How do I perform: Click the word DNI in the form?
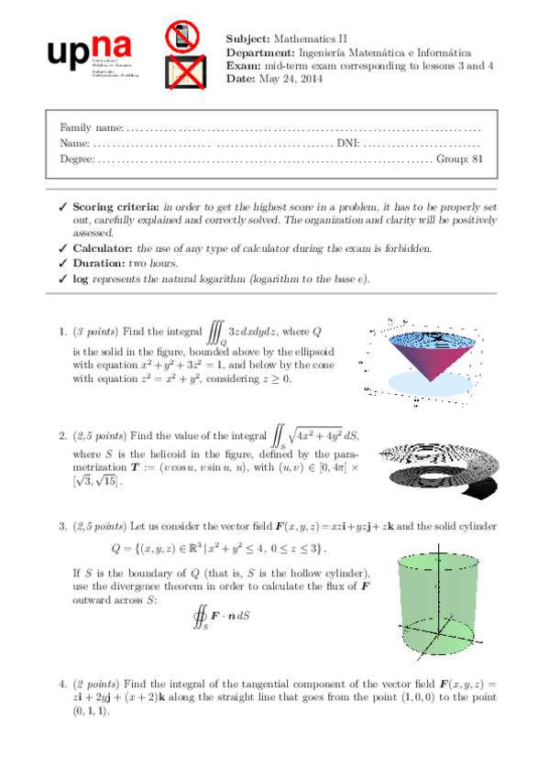[347, 143]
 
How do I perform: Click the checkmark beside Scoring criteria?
[61, 207]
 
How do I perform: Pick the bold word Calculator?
[103, 248]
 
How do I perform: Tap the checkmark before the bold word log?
[61, 279]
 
